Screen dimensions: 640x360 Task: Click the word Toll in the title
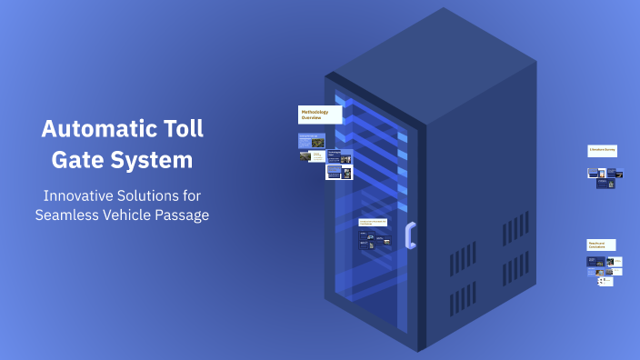(x=182, y=128)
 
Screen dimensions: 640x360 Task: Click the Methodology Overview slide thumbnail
(x=320, y=115)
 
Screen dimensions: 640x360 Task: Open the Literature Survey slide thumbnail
(x=602, y=150)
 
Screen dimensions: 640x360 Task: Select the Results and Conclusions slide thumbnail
(x=601, y=245)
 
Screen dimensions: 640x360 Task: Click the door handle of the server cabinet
(x=411, y=235)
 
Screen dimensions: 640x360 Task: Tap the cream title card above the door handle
(x=374, y=222)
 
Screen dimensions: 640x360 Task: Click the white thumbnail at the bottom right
(x=605, y=281)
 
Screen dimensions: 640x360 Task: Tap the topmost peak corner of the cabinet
(x=445, y=9)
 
